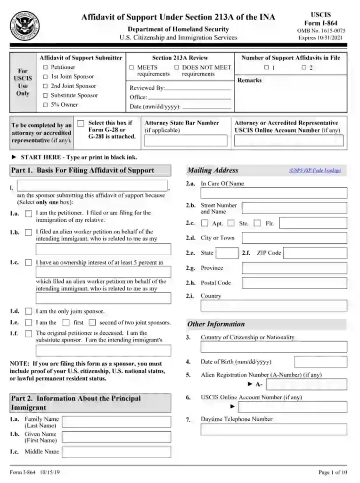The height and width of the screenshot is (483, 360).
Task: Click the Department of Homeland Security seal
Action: point(25,25)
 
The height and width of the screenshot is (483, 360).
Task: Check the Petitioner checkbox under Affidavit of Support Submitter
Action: point(45,67)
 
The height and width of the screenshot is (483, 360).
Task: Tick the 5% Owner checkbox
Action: point(45,105)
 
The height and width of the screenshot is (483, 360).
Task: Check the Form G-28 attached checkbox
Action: point(81,123)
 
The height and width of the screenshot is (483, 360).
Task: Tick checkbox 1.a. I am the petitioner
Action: point(29,214)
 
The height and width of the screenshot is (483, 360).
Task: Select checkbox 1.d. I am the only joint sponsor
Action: point(29,311)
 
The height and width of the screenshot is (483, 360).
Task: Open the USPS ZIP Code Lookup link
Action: point(315,171)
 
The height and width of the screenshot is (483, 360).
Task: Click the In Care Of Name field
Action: point(273,193)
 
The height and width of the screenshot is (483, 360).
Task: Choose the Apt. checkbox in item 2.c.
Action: point(205,223)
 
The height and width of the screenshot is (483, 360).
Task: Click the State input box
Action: point(227,253)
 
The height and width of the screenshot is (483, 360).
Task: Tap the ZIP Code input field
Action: point(315,253)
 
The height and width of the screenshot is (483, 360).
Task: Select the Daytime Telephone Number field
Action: point(273,429)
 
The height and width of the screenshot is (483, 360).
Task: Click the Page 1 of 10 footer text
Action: point(332,472)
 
